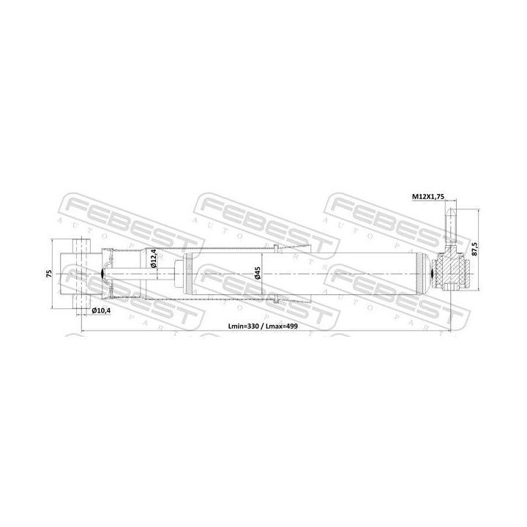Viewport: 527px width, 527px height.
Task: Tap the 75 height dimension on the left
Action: pyautogui.click(x=48, y=274)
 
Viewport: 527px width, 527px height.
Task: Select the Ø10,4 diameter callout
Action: pyautogui.click(x=102, y=311)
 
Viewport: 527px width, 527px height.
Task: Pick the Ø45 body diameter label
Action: pyautogui.click(x=258, y=274)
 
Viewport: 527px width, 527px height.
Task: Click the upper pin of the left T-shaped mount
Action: pyautogui.click(x=80, y=245)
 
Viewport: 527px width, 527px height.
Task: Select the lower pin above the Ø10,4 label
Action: pyautogui.click(x=80, y=302)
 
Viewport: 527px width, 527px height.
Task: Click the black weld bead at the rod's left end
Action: pyautogui.click(x=101, y=274)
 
